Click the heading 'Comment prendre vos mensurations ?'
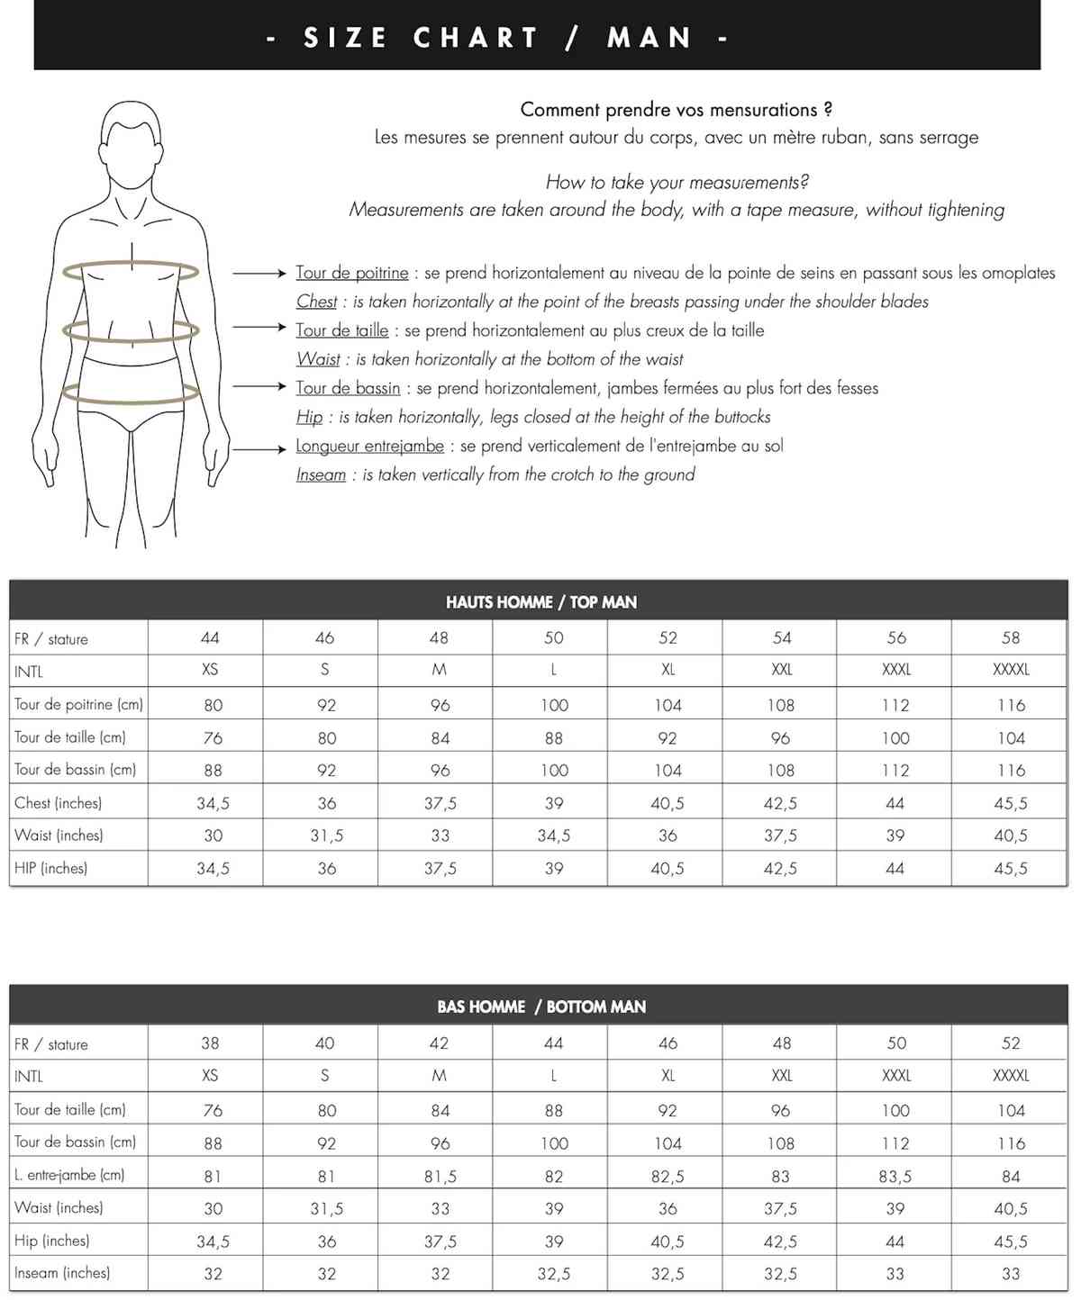pos(676,110)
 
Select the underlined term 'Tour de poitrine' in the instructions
pos(351,273)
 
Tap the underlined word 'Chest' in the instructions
pos(316,302)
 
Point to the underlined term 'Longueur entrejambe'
pos(369,446)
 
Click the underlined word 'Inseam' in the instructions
pos(321,474)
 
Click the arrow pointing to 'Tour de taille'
pos(259,328)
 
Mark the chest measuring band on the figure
pos(132,268)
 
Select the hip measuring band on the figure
pos(132,393)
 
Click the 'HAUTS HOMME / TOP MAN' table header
pos(540,601)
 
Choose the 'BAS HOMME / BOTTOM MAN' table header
pos(540,1006)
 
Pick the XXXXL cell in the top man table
pos(1011,670)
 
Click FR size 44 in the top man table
pos(210,637)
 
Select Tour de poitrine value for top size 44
pos(213,705)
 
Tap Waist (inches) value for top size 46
pos(326,835)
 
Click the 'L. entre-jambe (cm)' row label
pos(69,1175)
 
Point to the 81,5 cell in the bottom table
pos(440,1176)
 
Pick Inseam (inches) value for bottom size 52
pos(1011,1274)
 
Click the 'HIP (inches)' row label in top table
pos(50,868)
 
